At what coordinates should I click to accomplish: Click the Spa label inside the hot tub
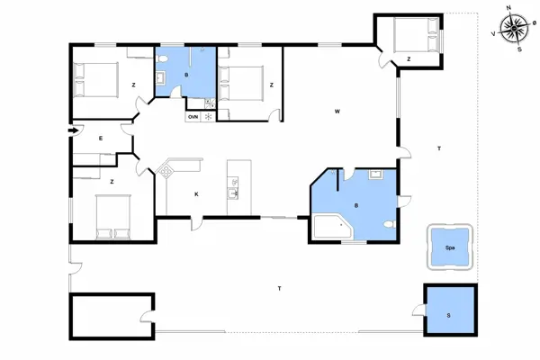click(447, 246)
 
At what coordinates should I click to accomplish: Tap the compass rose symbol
click(515, 29)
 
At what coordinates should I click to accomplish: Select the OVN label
click(193, 116)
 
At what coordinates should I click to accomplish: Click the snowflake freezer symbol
click(208, 116)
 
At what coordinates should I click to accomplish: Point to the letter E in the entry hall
click(101, 138)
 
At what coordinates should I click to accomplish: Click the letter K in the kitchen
click(196, 194)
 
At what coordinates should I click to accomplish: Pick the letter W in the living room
click(337, 112)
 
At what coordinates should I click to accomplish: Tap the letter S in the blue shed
click(448, 315)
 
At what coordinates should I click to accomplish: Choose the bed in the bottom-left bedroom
click(112, 217)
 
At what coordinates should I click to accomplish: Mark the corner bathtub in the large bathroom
click(331, 225)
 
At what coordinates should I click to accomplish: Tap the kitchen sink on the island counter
click(236, 190)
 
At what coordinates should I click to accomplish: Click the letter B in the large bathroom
click(357, 206)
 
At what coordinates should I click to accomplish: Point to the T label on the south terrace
click(280, 288)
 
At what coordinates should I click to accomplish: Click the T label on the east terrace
click(438, 148)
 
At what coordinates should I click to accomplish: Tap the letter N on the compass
click(509, 7)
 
